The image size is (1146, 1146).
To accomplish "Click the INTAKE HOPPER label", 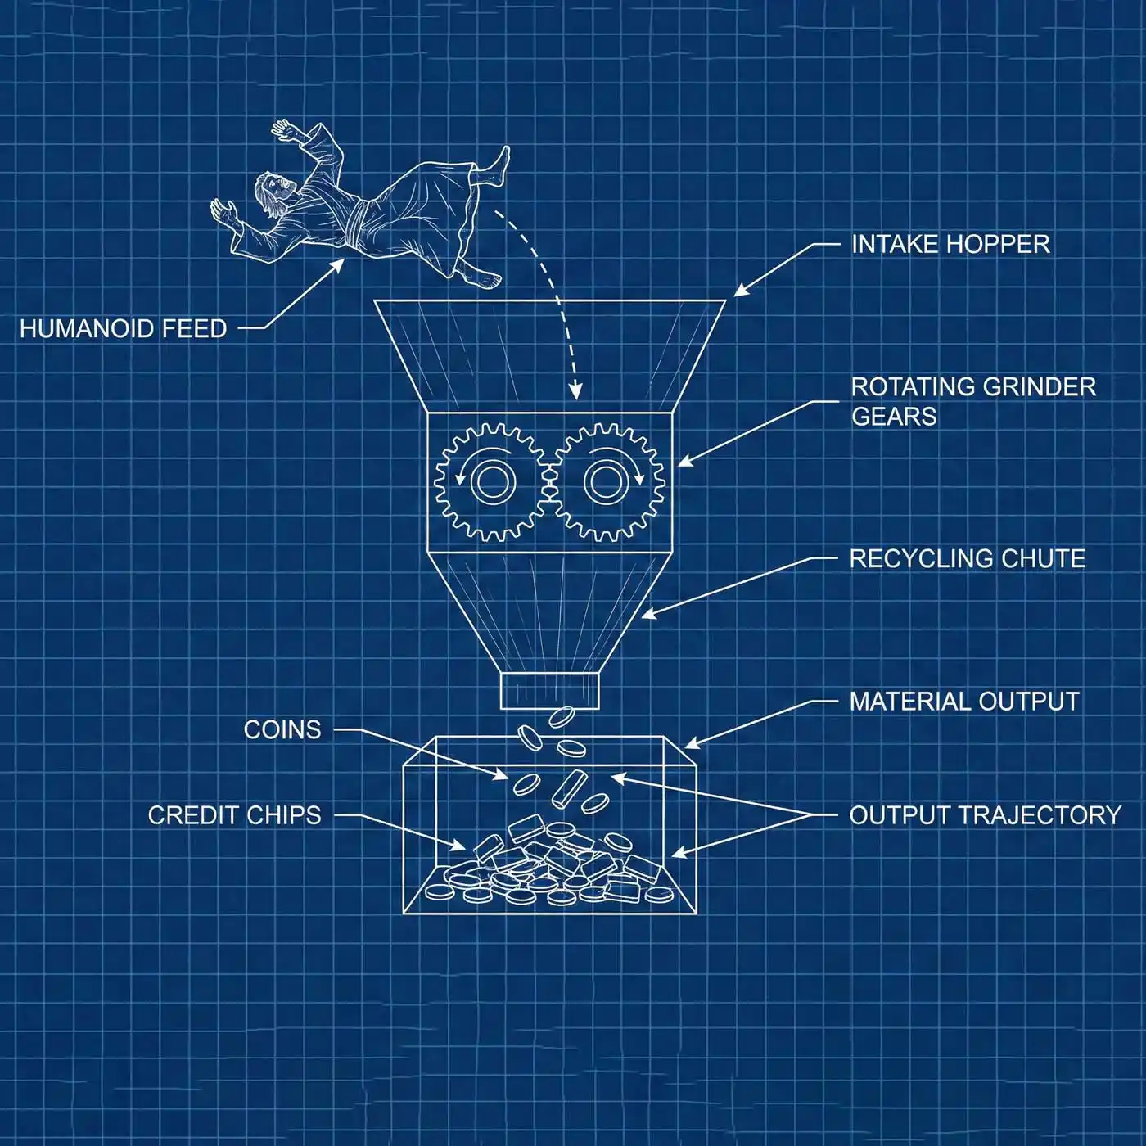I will click(950, 244).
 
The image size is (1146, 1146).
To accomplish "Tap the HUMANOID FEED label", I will click(123, 329).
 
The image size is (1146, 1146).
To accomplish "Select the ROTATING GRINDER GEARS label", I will click(972, 401).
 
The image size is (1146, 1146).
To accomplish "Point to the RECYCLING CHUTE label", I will click(967, 559).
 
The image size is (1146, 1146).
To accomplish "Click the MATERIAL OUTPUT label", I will click(963, 702).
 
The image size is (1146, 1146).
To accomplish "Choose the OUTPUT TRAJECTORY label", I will click(985, 815).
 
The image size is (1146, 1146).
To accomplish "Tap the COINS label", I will click(282, 729).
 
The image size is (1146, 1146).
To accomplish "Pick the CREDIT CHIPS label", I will click(234, 815).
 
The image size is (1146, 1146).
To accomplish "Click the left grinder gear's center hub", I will click(490, 481).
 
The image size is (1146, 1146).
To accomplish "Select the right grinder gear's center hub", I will click(604, 481).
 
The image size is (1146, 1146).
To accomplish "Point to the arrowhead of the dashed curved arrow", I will click(575, 393).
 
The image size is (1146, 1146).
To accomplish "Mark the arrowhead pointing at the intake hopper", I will click(738, 293).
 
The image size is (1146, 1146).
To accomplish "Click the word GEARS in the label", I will click(893, 417).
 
